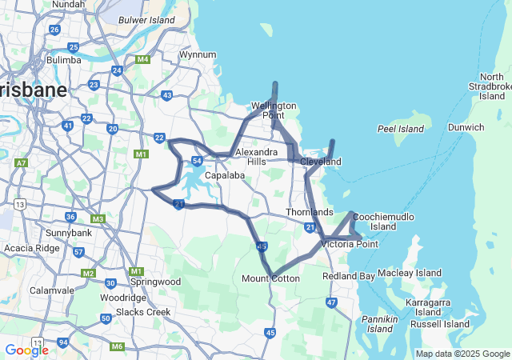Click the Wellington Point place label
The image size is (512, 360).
tap(274, 110)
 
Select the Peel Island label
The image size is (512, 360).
tap(400, 128)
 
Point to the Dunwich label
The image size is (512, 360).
tap(465, 127)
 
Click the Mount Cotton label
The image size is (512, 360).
tap(270, 278)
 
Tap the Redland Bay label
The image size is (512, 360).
tap(348, 276)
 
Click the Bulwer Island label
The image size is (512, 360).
tap(146, 19)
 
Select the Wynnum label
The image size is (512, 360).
tap(198, 54)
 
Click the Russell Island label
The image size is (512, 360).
tap(440, 324)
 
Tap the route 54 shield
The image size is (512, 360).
tap(196, 162)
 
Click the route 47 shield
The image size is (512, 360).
tap(331, 302)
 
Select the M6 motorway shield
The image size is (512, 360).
tap(118, 346)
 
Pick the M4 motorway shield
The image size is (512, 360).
tap(143, 59)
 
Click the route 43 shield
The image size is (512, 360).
tap(166, 95)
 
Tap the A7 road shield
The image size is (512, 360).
tap(21, 162)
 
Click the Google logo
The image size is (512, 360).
tap(26, 350)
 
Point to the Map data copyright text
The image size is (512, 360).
tap(462, 354)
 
